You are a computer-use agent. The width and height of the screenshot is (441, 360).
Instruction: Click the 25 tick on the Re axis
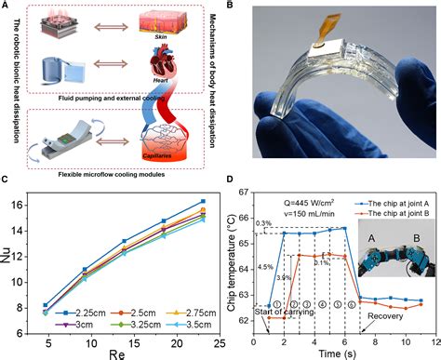[217, 341]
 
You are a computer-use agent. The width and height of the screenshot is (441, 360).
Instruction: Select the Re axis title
[122, 353]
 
